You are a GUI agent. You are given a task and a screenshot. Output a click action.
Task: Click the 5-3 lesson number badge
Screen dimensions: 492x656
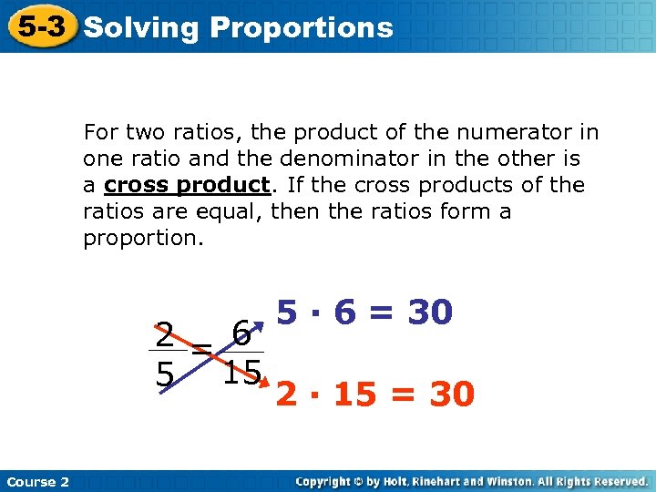click(40, 26)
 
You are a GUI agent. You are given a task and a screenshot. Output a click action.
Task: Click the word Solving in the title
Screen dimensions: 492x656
click(140, 28)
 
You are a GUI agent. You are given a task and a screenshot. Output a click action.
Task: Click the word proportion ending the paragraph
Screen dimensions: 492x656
click(141, 239)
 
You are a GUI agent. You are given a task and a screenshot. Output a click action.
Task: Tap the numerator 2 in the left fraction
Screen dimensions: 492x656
click(164, 335)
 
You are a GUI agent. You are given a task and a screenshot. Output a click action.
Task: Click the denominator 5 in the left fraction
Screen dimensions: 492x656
click(164, 374)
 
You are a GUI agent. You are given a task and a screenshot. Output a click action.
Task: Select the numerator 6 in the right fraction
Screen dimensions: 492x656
click(241, 333)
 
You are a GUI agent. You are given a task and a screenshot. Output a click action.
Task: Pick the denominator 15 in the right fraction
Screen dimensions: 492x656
click(241, 372)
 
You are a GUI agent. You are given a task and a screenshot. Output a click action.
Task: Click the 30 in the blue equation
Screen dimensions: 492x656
click(429, 313)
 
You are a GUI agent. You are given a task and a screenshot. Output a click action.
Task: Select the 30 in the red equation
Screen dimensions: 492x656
click(451, 395)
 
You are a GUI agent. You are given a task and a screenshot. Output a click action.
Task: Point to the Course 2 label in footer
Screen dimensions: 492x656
click(37, 481)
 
